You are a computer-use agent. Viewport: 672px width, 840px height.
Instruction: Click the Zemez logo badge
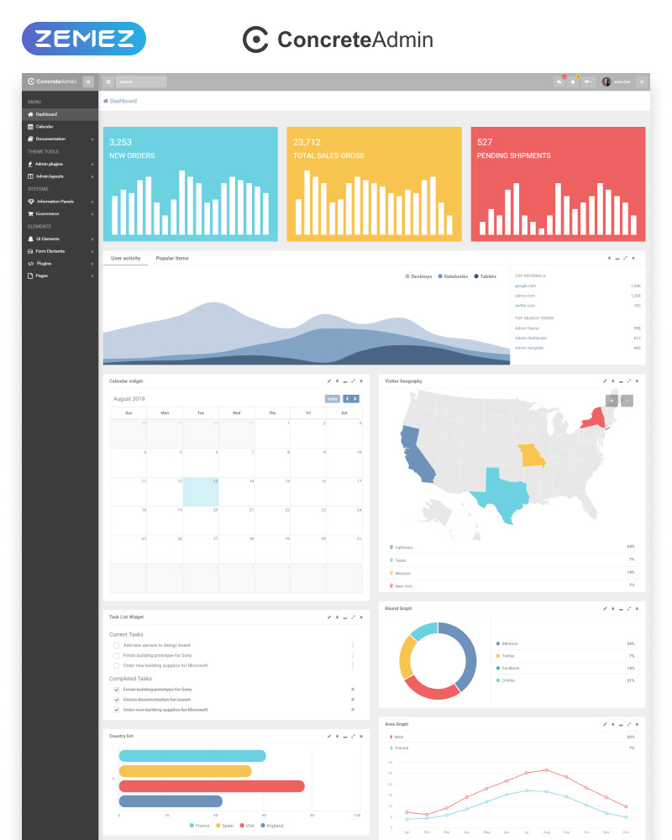84,39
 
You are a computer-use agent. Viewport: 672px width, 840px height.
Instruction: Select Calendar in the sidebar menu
44,126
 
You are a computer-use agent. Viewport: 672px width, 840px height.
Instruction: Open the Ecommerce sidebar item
48,213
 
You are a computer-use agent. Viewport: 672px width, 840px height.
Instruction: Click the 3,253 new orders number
120,142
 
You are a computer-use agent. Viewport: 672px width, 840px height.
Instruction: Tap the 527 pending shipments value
485,142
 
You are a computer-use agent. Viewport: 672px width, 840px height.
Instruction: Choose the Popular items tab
172,258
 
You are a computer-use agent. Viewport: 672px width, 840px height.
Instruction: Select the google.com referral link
525,286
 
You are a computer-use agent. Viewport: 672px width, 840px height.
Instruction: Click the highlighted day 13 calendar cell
201,492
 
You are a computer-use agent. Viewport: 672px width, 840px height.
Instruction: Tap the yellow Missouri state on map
531,455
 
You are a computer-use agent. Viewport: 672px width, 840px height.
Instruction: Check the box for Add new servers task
116,645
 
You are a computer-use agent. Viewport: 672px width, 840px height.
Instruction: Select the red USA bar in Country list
211,786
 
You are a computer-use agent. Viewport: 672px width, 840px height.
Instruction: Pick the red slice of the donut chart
429,687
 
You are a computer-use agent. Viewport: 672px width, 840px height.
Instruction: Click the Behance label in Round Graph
509,643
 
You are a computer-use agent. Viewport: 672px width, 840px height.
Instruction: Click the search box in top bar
140,81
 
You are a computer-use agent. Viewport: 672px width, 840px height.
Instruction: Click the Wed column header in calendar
236,412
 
